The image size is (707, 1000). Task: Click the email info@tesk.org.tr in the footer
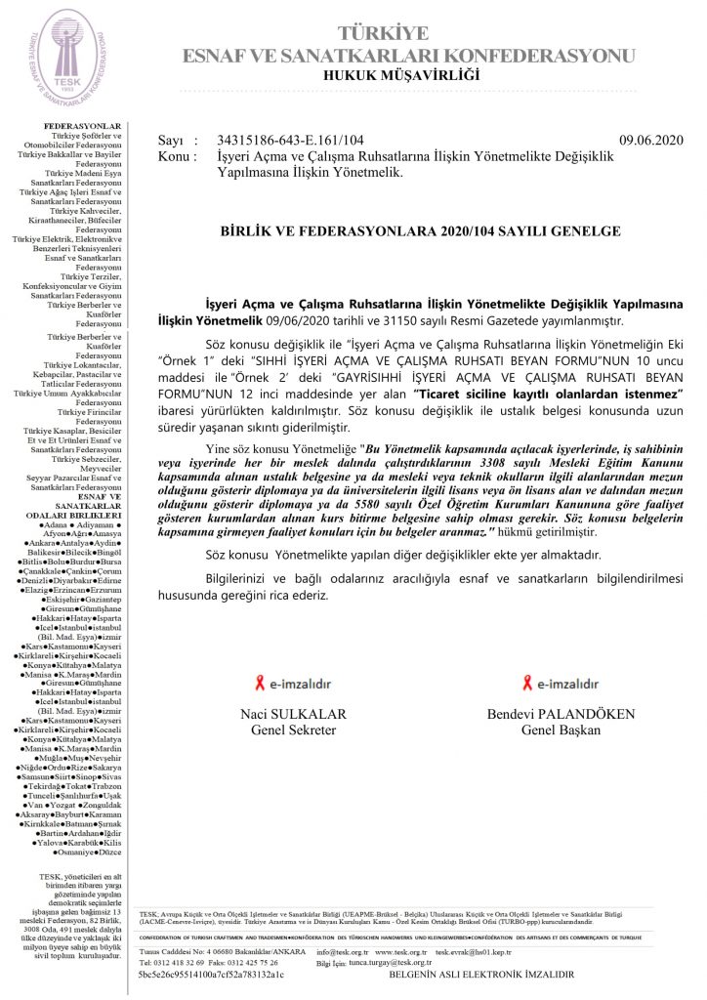pos(342,950)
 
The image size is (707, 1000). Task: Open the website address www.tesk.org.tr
pos(401,950)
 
